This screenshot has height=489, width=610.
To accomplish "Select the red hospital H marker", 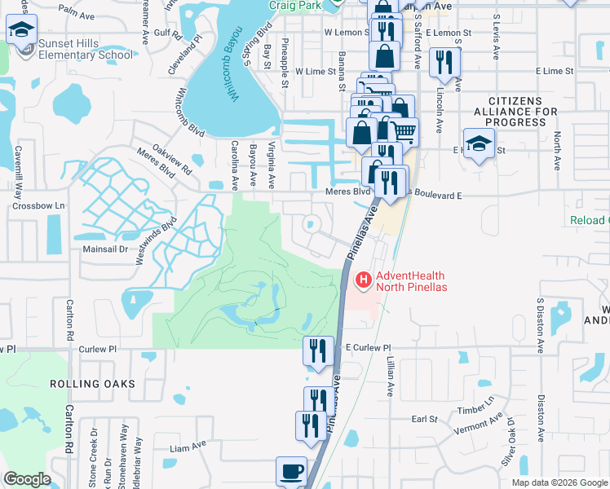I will pos(363,280).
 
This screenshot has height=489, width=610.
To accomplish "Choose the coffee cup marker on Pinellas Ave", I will pos(292,472).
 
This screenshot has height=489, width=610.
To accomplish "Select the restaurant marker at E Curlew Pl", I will pos(318,351).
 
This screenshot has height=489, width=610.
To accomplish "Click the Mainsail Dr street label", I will pos(106,249).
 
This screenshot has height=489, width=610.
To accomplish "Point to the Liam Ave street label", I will pos(188,447).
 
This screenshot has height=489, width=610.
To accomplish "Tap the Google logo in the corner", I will pos(27,479).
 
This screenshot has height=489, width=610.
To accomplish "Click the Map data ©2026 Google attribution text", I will pos(559,482).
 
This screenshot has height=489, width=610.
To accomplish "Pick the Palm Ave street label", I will pos(77,13).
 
